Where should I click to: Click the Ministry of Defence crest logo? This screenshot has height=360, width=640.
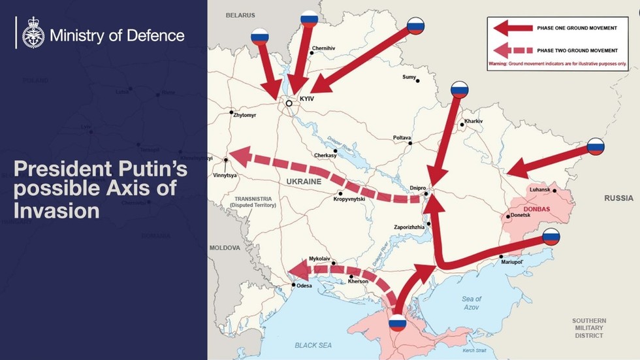click(33, 33)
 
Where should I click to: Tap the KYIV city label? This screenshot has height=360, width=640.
click(307, 98)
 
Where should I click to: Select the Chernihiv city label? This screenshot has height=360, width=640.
click(323, 48)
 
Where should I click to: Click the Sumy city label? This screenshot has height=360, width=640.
click(409, 77)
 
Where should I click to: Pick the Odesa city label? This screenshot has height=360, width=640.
click(304, 286)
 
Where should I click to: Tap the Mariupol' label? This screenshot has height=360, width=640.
click(513, 262)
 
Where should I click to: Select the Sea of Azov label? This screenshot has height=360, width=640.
click(471, 303)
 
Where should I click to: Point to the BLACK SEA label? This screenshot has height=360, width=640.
click(313, 345)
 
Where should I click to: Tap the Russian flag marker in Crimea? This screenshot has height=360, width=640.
click(397, 322)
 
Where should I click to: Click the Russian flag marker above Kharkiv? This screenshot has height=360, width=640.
click(460, 90)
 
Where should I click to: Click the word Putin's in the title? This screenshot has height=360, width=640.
click(148, 171)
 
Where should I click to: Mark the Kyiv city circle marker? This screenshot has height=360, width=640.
click(289, 103)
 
